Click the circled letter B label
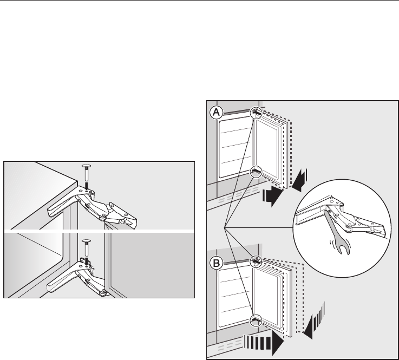216,264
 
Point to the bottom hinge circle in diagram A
257,171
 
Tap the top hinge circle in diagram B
257,262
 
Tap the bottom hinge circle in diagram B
257,319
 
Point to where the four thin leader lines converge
224,225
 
